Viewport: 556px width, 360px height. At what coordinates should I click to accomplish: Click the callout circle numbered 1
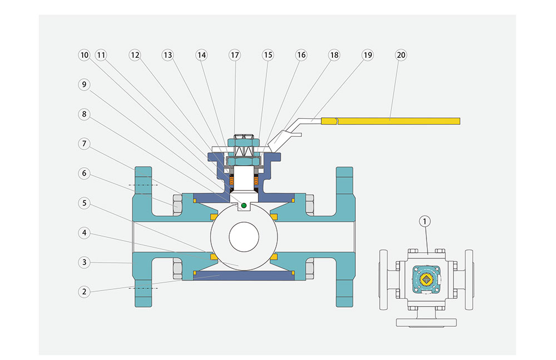click(x=425, y=222)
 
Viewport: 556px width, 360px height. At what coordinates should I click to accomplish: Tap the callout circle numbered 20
click(x=401, y=55)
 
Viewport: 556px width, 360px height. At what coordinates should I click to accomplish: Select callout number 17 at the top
click(x=235, y=55)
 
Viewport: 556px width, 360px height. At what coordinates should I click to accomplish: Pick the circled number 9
click(x=83, y=84)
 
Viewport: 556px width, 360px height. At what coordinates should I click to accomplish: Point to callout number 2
click(x=83, y=291)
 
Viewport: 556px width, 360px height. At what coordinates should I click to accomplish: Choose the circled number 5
click(x=83, y=203)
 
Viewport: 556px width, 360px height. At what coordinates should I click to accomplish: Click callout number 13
click(x=168, y=55)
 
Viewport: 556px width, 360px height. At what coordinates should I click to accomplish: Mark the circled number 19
click(x=368, y=55)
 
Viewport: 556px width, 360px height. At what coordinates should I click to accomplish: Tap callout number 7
click(x=83, y=144)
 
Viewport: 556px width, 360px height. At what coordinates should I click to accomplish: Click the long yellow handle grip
click(x=399, y=121)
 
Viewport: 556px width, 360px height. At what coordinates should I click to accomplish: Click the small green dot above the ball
click(x=244, y=206)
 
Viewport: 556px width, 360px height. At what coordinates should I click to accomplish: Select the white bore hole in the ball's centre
click(x=243, y=236)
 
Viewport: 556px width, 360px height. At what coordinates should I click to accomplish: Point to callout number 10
click(x=83, y=55)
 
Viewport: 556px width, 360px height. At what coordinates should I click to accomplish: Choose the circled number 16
click(x=301, y=55)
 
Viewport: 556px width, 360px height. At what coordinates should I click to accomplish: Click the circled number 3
click(x=83, y=262)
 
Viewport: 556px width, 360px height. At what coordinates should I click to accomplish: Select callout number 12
click(x=135, y=55)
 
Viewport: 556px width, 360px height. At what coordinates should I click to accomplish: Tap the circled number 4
click(x=83, y=233)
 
